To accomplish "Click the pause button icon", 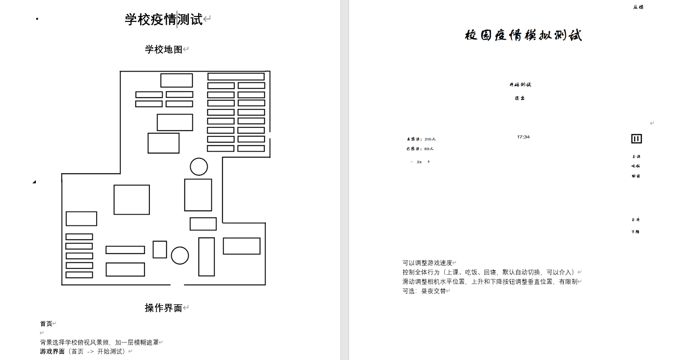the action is pos(636,139).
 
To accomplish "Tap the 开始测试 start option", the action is pos(520,85).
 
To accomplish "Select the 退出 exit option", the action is pos(519,98).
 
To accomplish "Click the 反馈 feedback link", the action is pos(638,7).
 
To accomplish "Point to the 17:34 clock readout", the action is pos(523,137).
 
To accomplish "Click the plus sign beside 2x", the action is pos(428,162).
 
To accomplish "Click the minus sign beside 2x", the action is pos(411,162).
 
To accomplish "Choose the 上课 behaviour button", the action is pos(636,157).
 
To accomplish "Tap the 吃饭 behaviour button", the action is pos(636,166).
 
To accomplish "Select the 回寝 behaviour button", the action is pos(636,176).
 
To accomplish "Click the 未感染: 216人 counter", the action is pos(421,139).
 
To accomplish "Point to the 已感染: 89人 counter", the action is pos(420,149).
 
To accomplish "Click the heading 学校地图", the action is pos(164,49).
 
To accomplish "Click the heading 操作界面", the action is pos(164,308).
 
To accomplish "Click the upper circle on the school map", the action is pos(199,167).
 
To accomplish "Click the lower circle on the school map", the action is pos(180,255).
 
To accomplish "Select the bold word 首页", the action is pos(46,324).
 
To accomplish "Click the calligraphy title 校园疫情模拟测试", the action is pos(523,35).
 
